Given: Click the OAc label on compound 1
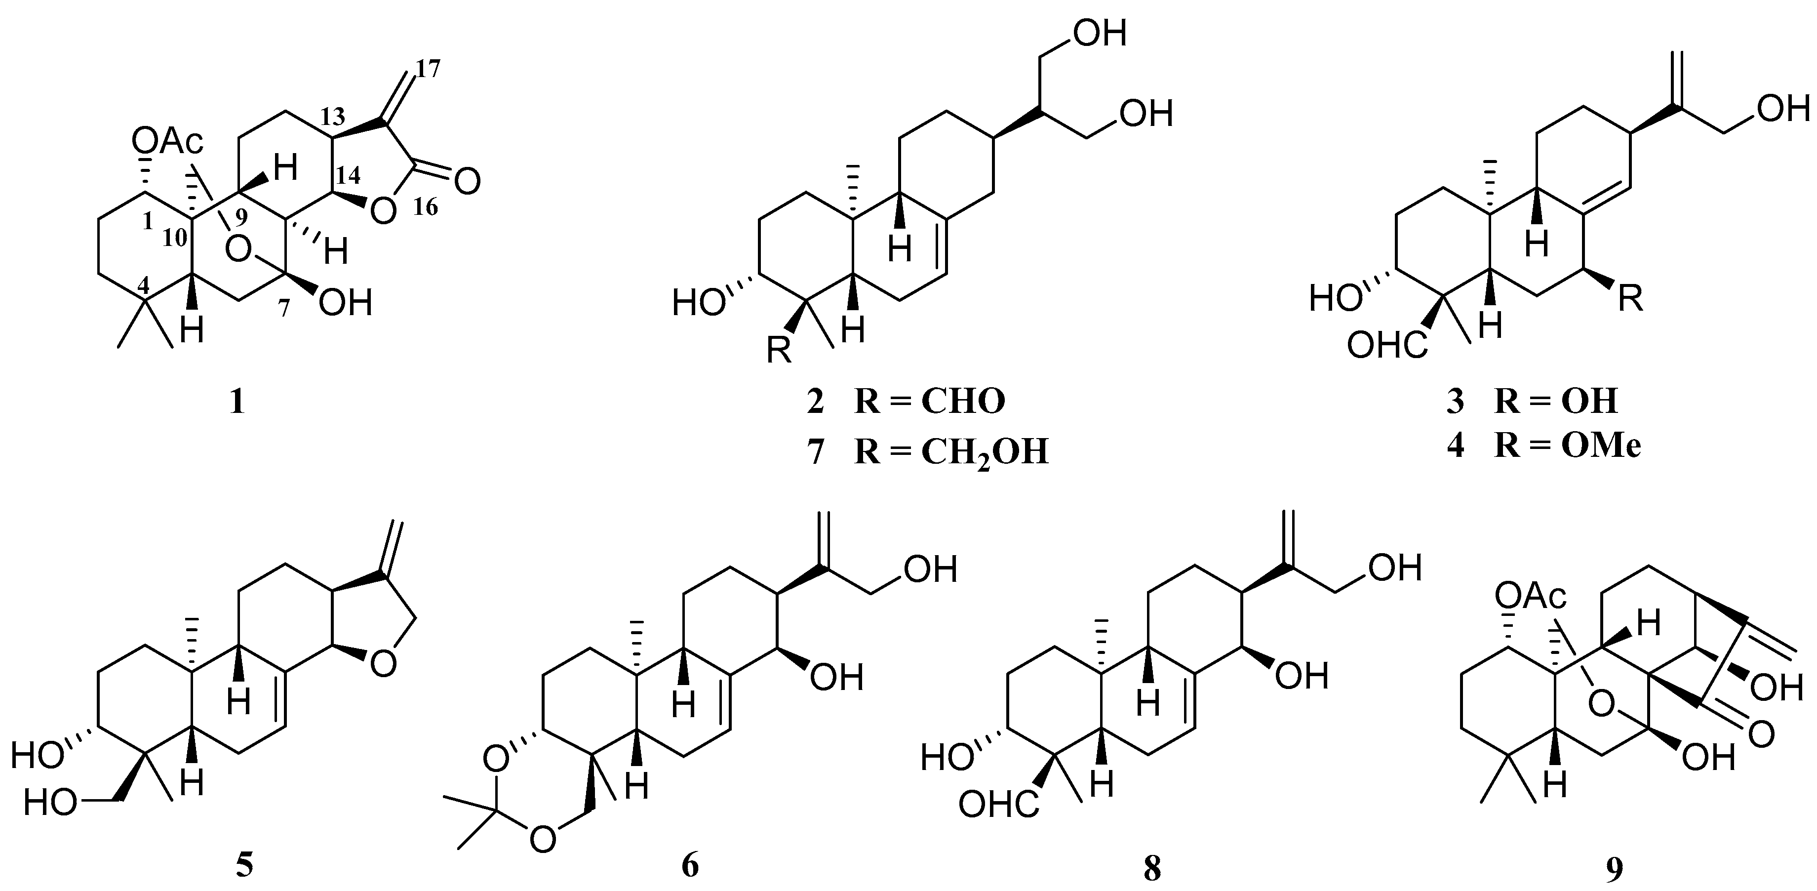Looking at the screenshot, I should point(167,144).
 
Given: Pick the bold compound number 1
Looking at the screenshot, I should point(237,403).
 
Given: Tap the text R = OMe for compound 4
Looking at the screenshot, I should point(1567,446).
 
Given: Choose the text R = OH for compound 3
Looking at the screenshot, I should point(1556,402).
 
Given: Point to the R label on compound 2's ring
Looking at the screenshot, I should point(779,350).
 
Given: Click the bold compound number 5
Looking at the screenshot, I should point(244,866).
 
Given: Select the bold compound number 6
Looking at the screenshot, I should point(690,866).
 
